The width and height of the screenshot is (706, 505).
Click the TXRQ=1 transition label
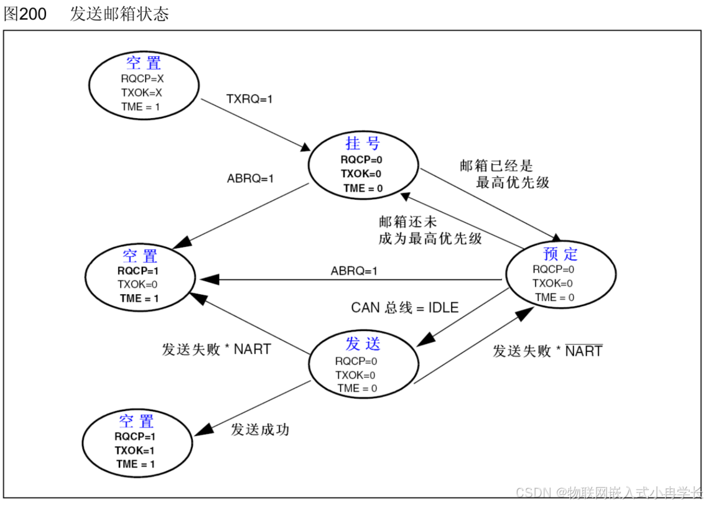(x=249, y=99)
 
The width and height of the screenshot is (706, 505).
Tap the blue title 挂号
(x=363, y=144)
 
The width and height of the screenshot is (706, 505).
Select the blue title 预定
(x=560, y=254)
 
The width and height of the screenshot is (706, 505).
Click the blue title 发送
(x=363, y=344)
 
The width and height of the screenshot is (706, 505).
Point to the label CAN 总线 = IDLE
(x=405, y=307)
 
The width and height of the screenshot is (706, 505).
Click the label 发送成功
(x=260, y=430)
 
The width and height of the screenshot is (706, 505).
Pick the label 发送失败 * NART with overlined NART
(x=547, y=351)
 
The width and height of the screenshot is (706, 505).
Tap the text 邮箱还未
(x=408, y=222)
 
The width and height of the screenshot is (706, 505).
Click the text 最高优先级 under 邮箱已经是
(x=513, y=183)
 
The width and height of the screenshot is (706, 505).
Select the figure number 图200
(x=26, y=14)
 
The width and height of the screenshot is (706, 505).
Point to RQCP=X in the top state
(x=142, y=79)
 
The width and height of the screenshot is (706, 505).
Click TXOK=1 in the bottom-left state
(x=135, y=450)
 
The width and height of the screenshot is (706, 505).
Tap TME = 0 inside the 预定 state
(x=554, y=297)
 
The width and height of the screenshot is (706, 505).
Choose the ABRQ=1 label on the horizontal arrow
(x=354, y=271)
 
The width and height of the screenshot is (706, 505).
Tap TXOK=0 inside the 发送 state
(x=355, y=375)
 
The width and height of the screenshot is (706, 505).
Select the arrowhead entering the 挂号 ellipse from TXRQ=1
(x=306, y=148)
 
